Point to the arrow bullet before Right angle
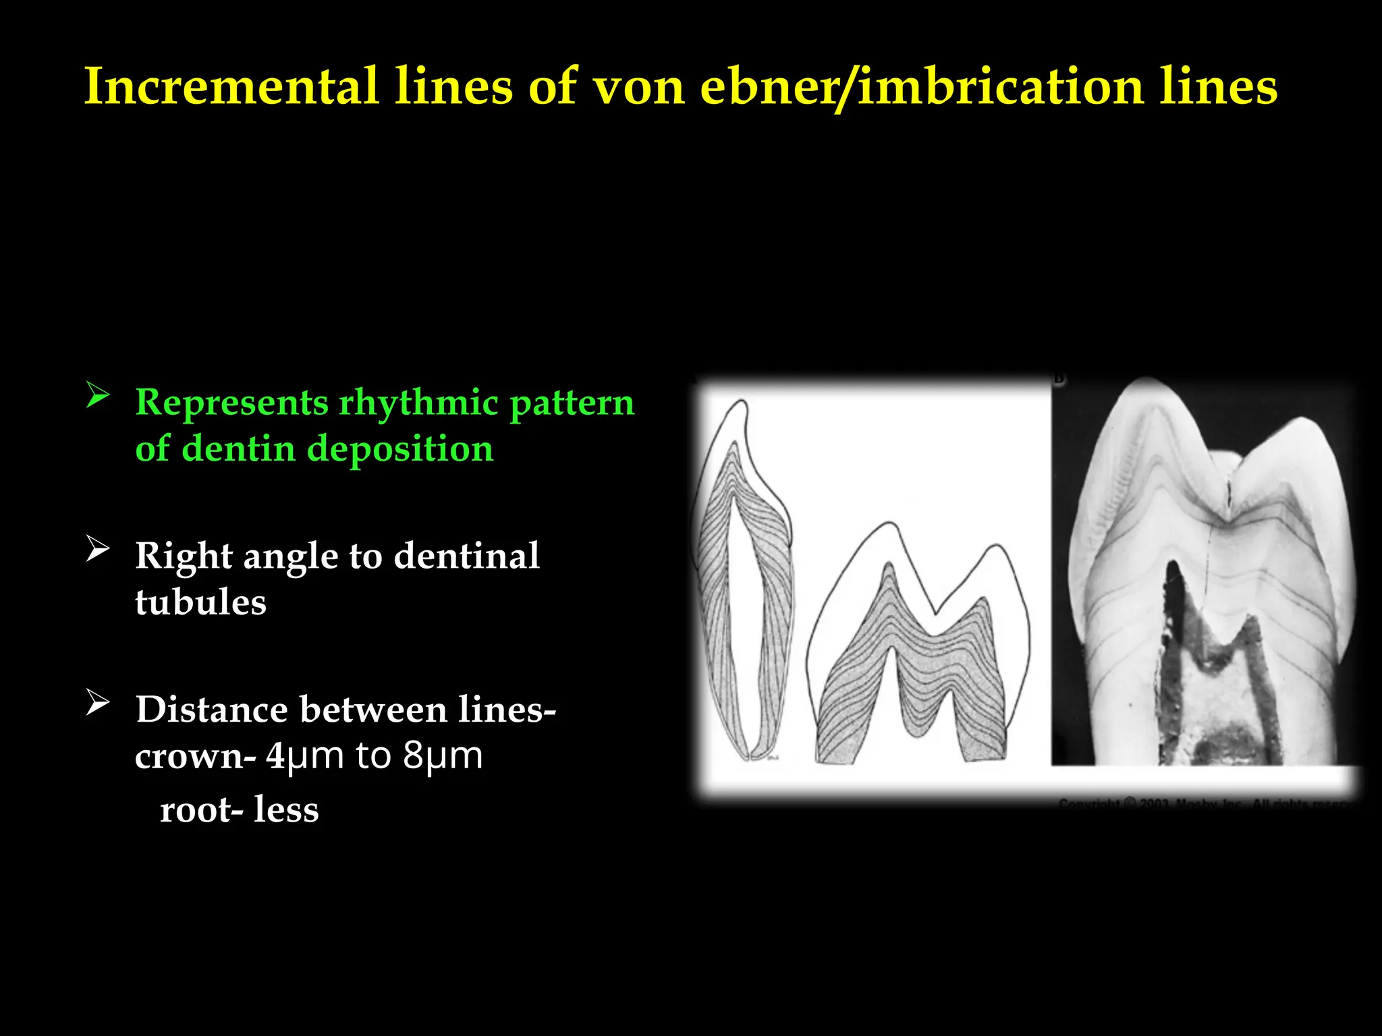point(98,549)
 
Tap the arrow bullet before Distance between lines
point(98,703)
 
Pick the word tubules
point(200,602)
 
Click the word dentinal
point(466,556)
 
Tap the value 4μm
point(304,757)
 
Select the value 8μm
point(443,757)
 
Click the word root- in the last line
point(201,809)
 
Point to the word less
point(286,809)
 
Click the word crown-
point(195,757)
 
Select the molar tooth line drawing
point(918,647)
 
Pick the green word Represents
point(231,403)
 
